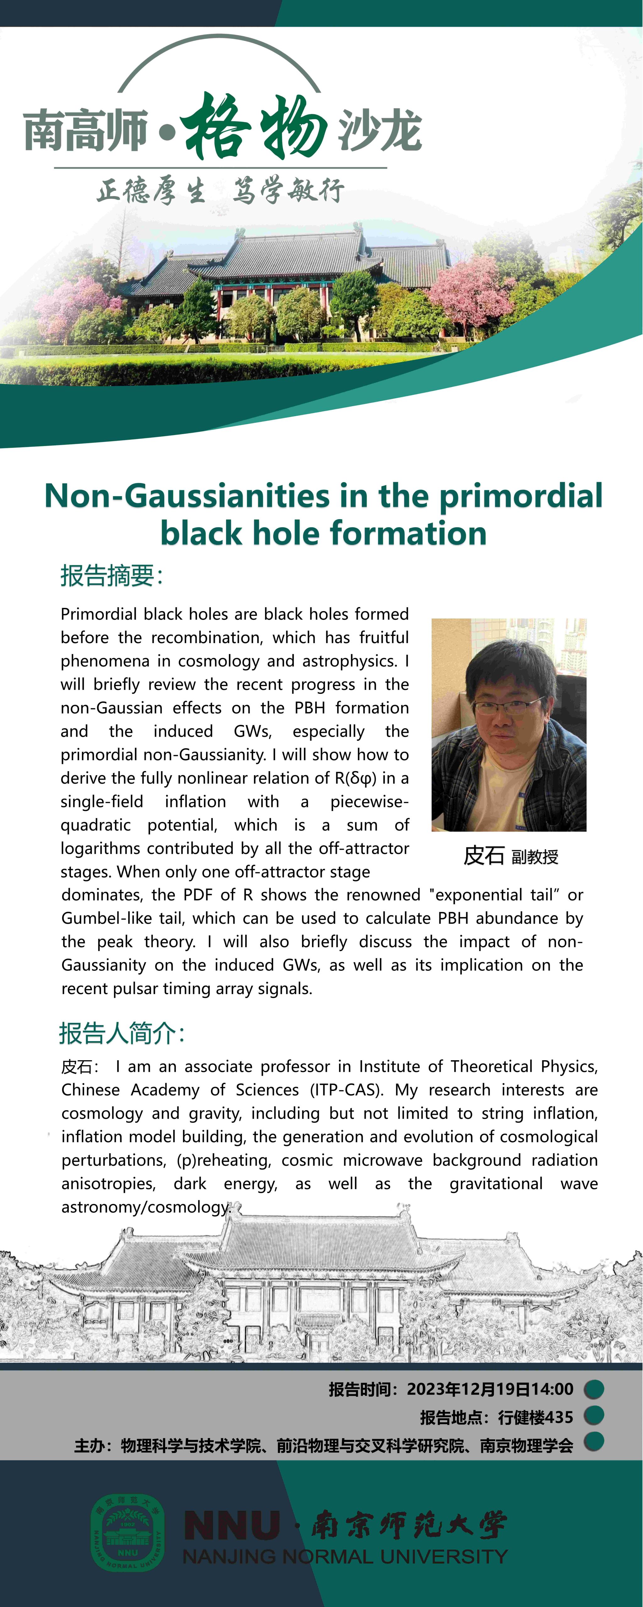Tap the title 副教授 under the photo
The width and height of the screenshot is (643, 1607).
click(x=534, y=857)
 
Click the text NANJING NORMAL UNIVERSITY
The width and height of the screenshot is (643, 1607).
click(x=345, y=1556)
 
